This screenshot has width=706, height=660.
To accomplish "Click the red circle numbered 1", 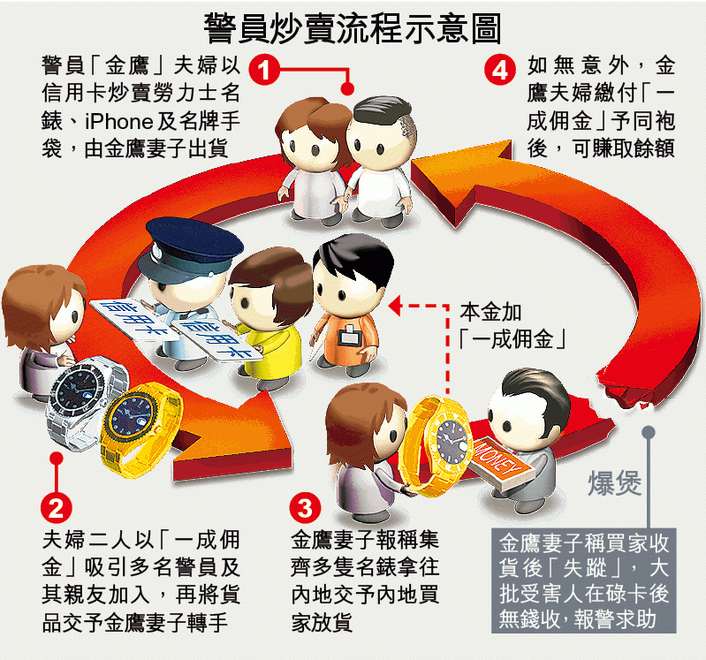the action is pos(264,69).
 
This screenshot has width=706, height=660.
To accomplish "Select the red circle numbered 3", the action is pos(305,508).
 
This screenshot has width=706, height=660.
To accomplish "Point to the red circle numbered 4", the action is pos(500,70).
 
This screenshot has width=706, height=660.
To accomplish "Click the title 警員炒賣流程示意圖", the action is pos(353,28).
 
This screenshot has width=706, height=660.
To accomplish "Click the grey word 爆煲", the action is pos(614,483).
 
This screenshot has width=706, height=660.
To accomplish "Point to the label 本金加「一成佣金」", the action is pos(512,325).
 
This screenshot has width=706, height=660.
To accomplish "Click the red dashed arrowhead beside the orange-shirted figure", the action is pos(395,307).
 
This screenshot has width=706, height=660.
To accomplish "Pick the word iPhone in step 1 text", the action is pos(119,122).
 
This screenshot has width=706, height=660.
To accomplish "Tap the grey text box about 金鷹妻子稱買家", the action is pos(583,580).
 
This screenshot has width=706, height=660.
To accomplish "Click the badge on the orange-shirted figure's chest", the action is pos(347,337).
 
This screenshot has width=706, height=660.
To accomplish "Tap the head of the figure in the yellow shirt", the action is pos(269,287).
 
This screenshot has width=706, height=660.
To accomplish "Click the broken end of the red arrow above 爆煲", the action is pos(624,392).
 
